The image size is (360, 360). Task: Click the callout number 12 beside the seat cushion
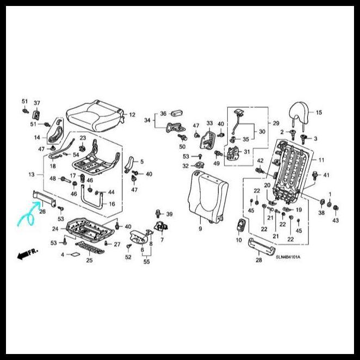132,115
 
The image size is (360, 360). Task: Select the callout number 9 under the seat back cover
200,229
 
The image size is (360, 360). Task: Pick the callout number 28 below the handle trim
259,261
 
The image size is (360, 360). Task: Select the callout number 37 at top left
37,103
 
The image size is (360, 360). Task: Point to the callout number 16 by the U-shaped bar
111,204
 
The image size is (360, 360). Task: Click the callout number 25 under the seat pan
89,260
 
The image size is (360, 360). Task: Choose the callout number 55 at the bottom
146,262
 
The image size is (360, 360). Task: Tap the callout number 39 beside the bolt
169,214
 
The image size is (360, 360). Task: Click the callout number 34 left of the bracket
147,120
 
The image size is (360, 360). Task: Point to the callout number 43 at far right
336,220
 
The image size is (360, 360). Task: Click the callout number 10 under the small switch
239,240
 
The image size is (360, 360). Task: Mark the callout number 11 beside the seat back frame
321,160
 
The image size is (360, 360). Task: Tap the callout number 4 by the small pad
63,254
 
